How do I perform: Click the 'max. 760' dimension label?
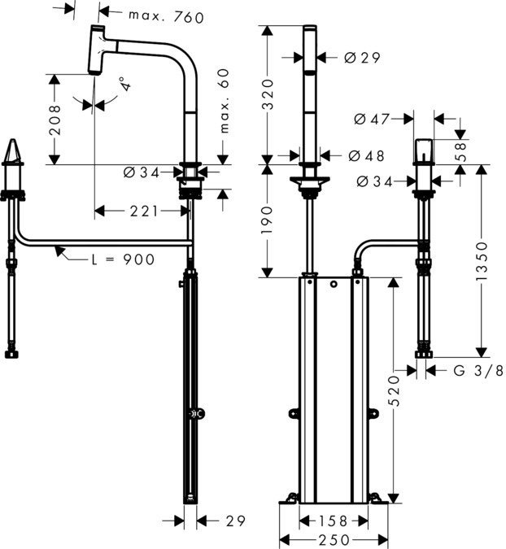tap(167, 16)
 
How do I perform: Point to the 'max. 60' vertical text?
tap(225, 102)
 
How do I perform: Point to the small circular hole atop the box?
tap(333, 285)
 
